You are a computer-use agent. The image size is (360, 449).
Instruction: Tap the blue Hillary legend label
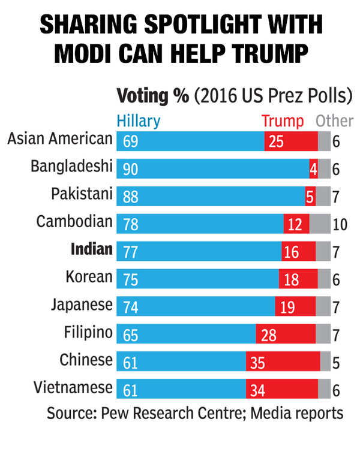pyautogui.click(x=139, y=121)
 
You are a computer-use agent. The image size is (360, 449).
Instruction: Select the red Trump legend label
pyautogui.click(x=283, y=121)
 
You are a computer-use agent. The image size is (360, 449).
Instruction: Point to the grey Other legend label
pyautogui.click(x=334, y=121)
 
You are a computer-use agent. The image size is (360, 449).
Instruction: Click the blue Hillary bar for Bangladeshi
pyautogui.click(x=213, y=169)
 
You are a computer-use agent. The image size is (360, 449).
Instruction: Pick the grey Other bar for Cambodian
pyautogui.click(x=320, y=224)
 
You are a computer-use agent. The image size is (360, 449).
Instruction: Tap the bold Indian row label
pyautogui.click(x=91, y=249)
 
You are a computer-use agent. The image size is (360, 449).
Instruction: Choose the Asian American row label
pyautogui.click(x=60, y=139)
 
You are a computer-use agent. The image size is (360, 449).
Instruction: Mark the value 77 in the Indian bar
pyautogui.click(x=131, y=251)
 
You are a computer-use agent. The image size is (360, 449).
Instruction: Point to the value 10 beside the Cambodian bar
pyautogui.click(x=340, y=224)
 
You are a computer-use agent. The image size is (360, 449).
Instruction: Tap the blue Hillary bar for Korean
pyautogui.click(x=198, y=279)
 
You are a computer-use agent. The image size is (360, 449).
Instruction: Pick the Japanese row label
pyautogui.click(x=82, y=304)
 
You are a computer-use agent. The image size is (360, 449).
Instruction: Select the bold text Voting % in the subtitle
pyautogui.click(x=152, y=96)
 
